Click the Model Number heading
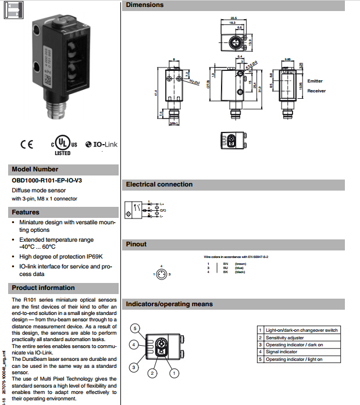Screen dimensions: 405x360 coord(35,169)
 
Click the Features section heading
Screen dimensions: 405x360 coord(26,212)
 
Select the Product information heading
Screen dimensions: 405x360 coord(43,288)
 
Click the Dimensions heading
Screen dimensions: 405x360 coord(145,5)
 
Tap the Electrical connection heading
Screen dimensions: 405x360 coord(159,184)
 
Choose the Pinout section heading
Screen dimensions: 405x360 coord(137,244)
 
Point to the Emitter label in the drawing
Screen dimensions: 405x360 coord(315,81)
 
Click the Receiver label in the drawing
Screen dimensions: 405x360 coord(316,91)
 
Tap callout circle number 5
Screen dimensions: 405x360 coord(135,329)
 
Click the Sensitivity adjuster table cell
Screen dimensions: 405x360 coord(285,338)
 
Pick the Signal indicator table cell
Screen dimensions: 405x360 coord(282,352)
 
